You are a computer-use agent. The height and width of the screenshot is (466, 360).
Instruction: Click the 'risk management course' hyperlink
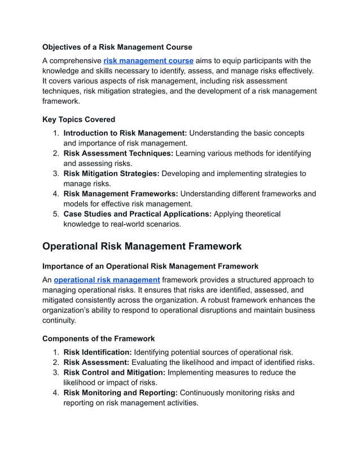[148, 61]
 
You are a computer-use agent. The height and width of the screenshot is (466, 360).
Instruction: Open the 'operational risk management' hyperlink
[107, 280]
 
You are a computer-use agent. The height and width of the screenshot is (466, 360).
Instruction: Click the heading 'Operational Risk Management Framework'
[142, 247]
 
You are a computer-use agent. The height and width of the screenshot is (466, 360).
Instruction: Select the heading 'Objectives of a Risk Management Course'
[117, 47]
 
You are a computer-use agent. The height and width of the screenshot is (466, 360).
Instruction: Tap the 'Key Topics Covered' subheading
[78, 120]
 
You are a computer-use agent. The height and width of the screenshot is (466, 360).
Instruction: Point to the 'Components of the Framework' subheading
[98, 338]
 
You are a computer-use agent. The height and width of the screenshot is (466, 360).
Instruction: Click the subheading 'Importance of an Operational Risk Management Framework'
[150, 266]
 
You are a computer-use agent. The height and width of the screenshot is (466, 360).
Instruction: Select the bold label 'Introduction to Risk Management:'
[125, 133]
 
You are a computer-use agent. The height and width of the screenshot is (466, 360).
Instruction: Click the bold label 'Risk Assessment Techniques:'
[118, 153]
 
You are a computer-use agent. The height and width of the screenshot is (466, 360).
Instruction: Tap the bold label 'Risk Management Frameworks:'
[120, 194]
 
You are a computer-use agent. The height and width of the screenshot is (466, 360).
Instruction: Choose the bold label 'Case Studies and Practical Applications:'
[137, 214]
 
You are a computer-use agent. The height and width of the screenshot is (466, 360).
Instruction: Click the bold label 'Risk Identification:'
[98, 352]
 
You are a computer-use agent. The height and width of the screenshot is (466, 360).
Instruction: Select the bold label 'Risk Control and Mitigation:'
[115, 372]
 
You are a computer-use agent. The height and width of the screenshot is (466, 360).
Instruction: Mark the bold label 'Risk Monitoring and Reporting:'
[120, 393]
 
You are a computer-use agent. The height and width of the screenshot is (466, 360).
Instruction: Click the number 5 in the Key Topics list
[55, 214]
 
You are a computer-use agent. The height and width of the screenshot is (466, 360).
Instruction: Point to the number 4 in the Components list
[55, 393]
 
